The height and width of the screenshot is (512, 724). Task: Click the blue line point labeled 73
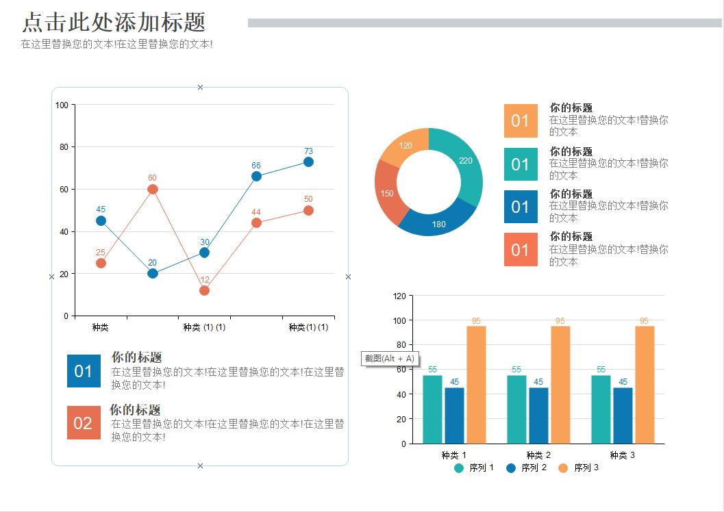pos(308,162)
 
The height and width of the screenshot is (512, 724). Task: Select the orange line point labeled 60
pos(153,190)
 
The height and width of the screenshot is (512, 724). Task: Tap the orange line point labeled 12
pos(204,291)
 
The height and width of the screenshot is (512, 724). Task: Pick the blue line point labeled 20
pos(153,274)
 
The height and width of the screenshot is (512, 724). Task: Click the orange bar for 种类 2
pos(560,384)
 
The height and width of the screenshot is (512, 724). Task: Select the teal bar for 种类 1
pos(432,409)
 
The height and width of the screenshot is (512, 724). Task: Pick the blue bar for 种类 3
pos(623,415)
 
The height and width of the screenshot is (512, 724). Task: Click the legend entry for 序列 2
pos(527,468)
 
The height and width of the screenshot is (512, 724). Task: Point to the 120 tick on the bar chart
pos(399,296)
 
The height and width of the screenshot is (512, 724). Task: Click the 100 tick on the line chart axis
pos(62,105)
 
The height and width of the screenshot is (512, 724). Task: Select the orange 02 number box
pos(83,423)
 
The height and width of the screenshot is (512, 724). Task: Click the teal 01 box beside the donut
pos(521,164)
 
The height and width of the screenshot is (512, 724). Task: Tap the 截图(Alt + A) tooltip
pos(390,359)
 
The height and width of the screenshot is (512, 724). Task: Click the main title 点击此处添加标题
pos(114,23)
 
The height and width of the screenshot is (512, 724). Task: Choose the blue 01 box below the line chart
pos(83,371)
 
